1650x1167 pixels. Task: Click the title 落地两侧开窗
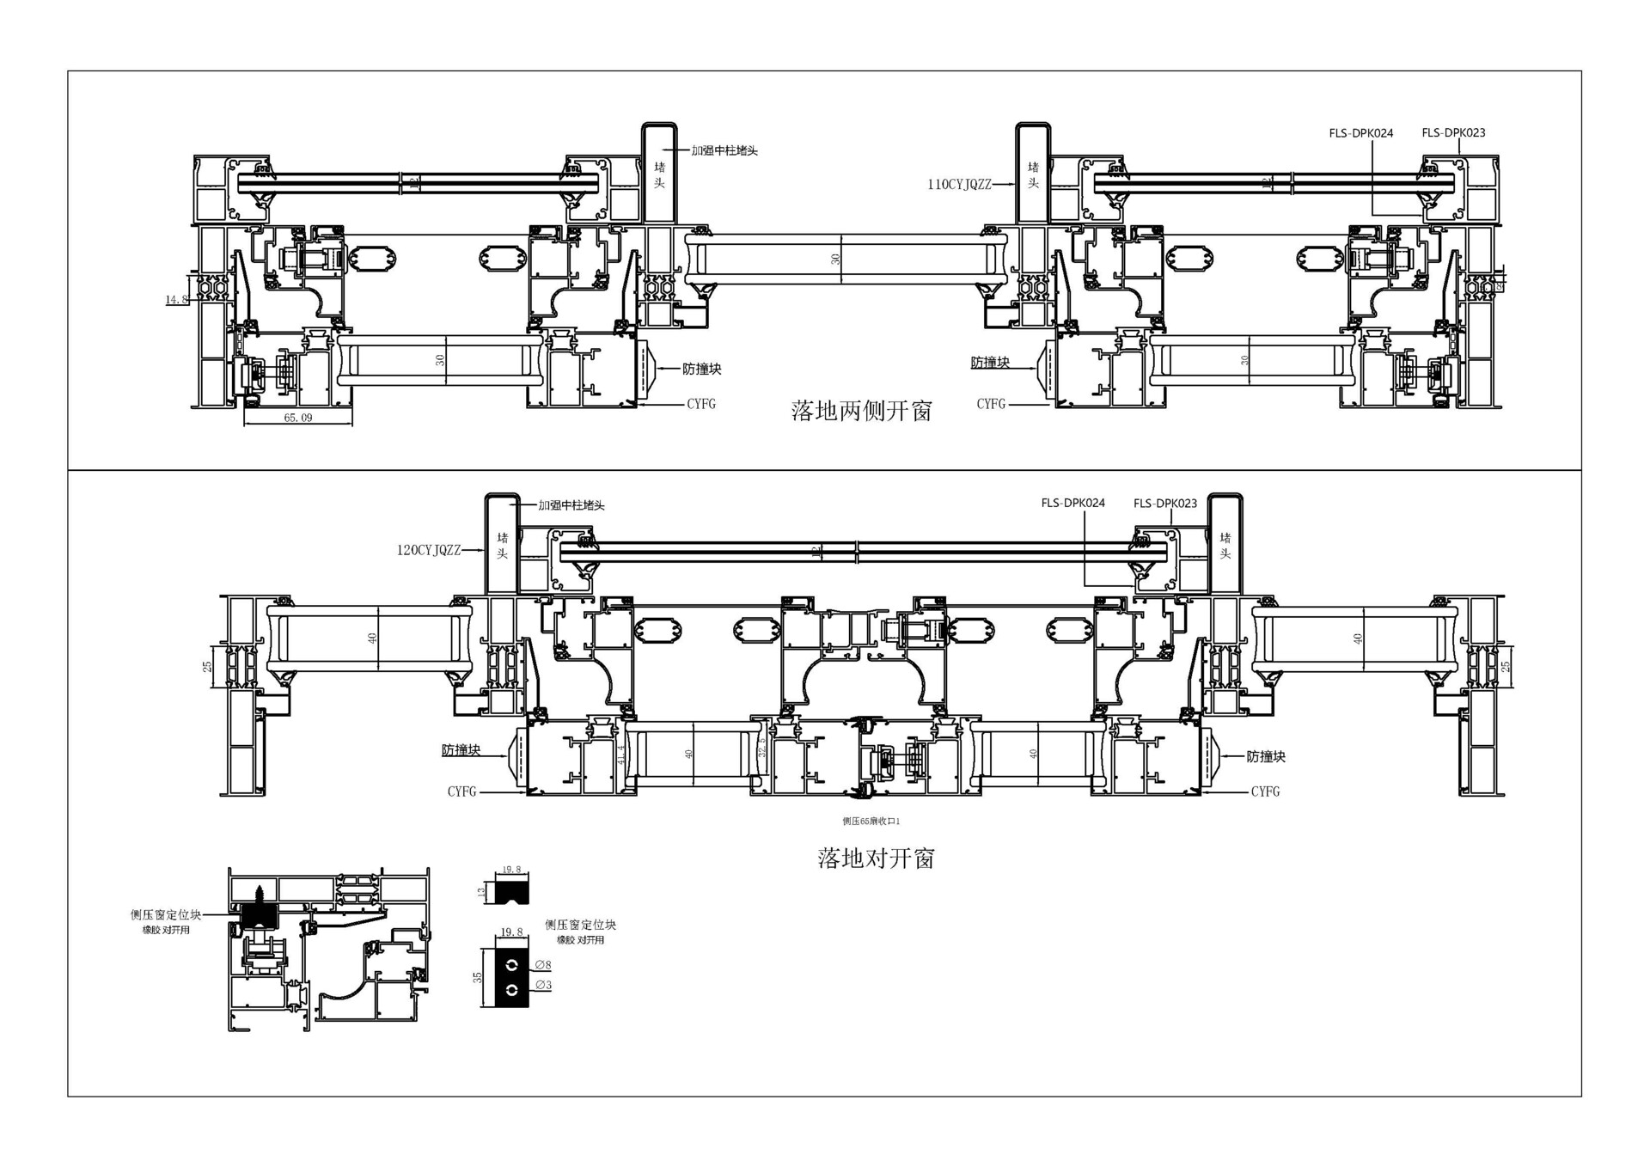(861, 411)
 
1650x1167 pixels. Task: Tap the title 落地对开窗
(875, 858)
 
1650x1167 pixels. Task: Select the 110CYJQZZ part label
(959, 184)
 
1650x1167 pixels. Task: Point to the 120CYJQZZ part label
(428, 550)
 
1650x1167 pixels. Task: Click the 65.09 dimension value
(298, 418)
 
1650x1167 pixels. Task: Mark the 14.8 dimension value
(176, 299)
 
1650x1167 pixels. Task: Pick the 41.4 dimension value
(621, 755)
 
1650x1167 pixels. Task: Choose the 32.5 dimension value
(761, 746)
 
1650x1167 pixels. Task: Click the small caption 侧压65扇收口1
(871, 822)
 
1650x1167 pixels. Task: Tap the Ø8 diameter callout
(543, 965)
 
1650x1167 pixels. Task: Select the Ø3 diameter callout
(543, 985)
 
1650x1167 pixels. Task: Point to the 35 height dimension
(479, 977)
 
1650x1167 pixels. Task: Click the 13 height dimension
(482, 892)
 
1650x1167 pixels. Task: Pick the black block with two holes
(512, 977)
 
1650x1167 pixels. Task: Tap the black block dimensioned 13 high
(512, 891)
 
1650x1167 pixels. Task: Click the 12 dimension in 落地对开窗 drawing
(816, 550)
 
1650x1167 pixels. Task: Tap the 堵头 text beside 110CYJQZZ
(1033, 174)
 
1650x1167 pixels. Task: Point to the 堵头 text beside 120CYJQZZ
(502, 545)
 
